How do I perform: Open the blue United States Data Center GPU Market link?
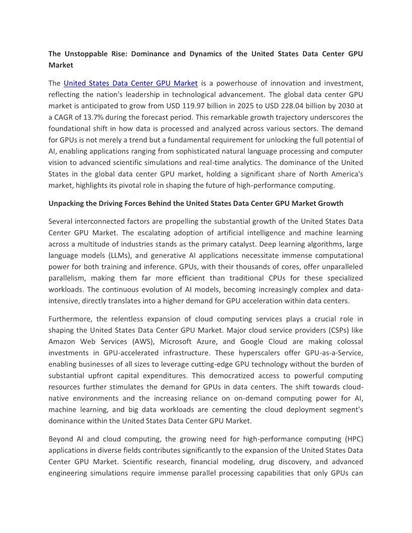[x=130, y=83]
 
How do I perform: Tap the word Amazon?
[x=64, y=341]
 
